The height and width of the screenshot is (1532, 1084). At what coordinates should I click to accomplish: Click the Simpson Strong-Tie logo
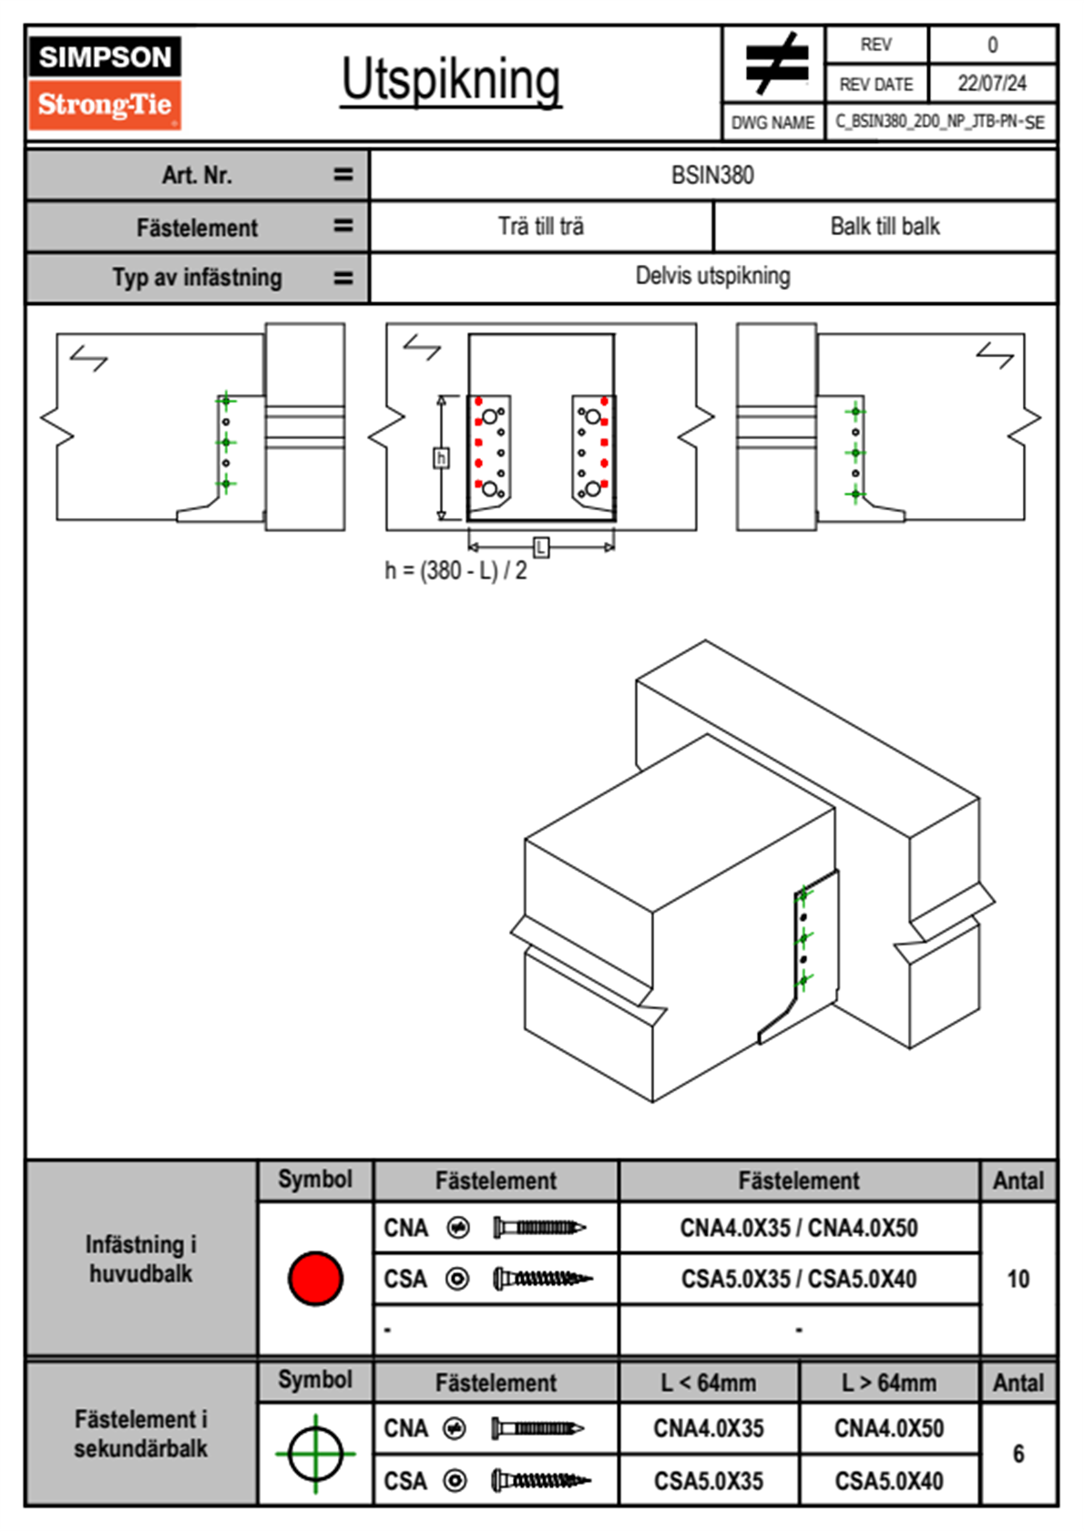[x=105, y=82]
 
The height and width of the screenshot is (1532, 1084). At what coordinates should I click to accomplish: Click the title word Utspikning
[x=451, y=80]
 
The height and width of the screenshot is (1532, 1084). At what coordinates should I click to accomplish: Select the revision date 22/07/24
[x=991, y=84]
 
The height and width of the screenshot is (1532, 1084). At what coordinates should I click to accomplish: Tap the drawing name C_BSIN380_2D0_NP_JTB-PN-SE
[x=940, y=122]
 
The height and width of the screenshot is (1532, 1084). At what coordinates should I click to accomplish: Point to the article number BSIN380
[x=712, y=175]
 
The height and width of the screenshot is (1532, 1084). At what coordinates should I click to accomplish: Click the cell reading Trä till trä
[x=541, y=226]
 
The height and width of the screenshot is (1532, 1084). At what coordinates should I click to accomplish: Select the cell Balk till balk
[x=885, y=226]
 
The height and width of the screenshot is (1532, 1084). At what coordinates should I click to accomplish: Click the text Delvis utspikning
[x=712, y=276]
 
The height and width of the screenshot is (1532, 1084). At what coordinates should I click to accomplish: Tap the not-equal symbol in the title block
[x=775, y=64]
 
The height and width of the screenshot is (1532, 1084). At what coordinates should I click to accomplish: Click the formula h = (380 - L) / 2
[x=455, y=571]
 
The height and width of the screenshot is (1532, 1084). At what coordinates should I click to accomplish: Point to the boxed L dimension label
[x=541, y=546]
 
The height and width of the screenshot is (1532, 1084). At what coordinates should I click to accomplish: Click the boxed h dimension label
[x=441, y=457]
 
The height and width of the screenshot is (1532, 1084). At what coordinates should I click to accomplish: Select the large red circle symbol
[x=315, y=1278]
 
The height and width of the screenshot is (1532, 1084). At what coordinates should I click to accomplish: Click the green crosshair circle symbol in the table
[x=315, y=1454]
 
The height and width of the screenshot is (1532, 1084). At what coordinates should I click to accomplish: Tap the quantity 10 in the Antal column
[x=1018, y=1279]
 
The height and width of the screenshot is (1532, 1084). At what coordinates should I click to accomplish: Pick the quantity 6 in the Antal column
[x=1018, y=1454]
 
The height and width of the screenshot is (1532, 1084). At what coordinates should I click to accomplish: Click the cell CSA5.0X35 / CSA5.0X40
[x=799, y=1279]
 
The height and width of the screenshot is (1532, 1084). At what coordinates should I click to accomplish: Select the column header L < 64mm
[x=709, y=1383]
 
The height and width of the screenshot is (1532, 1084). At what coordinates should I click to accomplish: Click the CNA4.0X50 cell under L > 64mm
[x=889, y=1428]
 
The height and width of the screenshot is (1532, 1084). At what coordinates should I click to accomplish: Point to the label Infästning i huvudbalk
[x=141, y=1259]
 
